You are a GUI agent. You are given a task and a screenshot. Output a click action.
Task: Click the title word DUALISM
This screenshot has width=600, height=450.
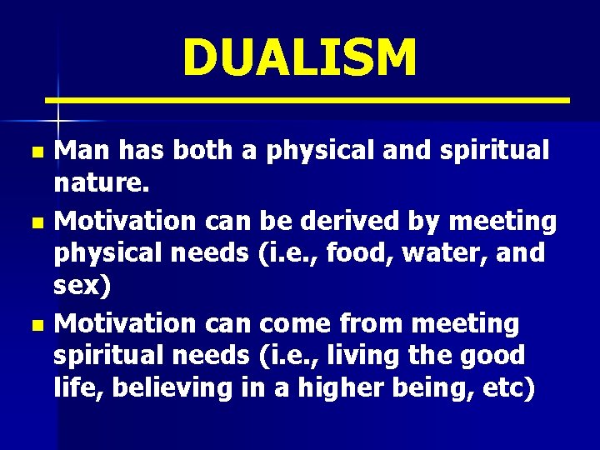[299, 58]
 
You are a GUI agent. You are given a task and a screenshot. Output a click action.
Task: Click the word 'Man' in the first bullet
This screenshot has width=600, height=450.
[82, 151]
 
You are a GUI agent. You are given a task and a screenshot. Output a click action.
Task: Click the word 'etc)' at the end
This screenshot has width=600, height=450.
[506, 389]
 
